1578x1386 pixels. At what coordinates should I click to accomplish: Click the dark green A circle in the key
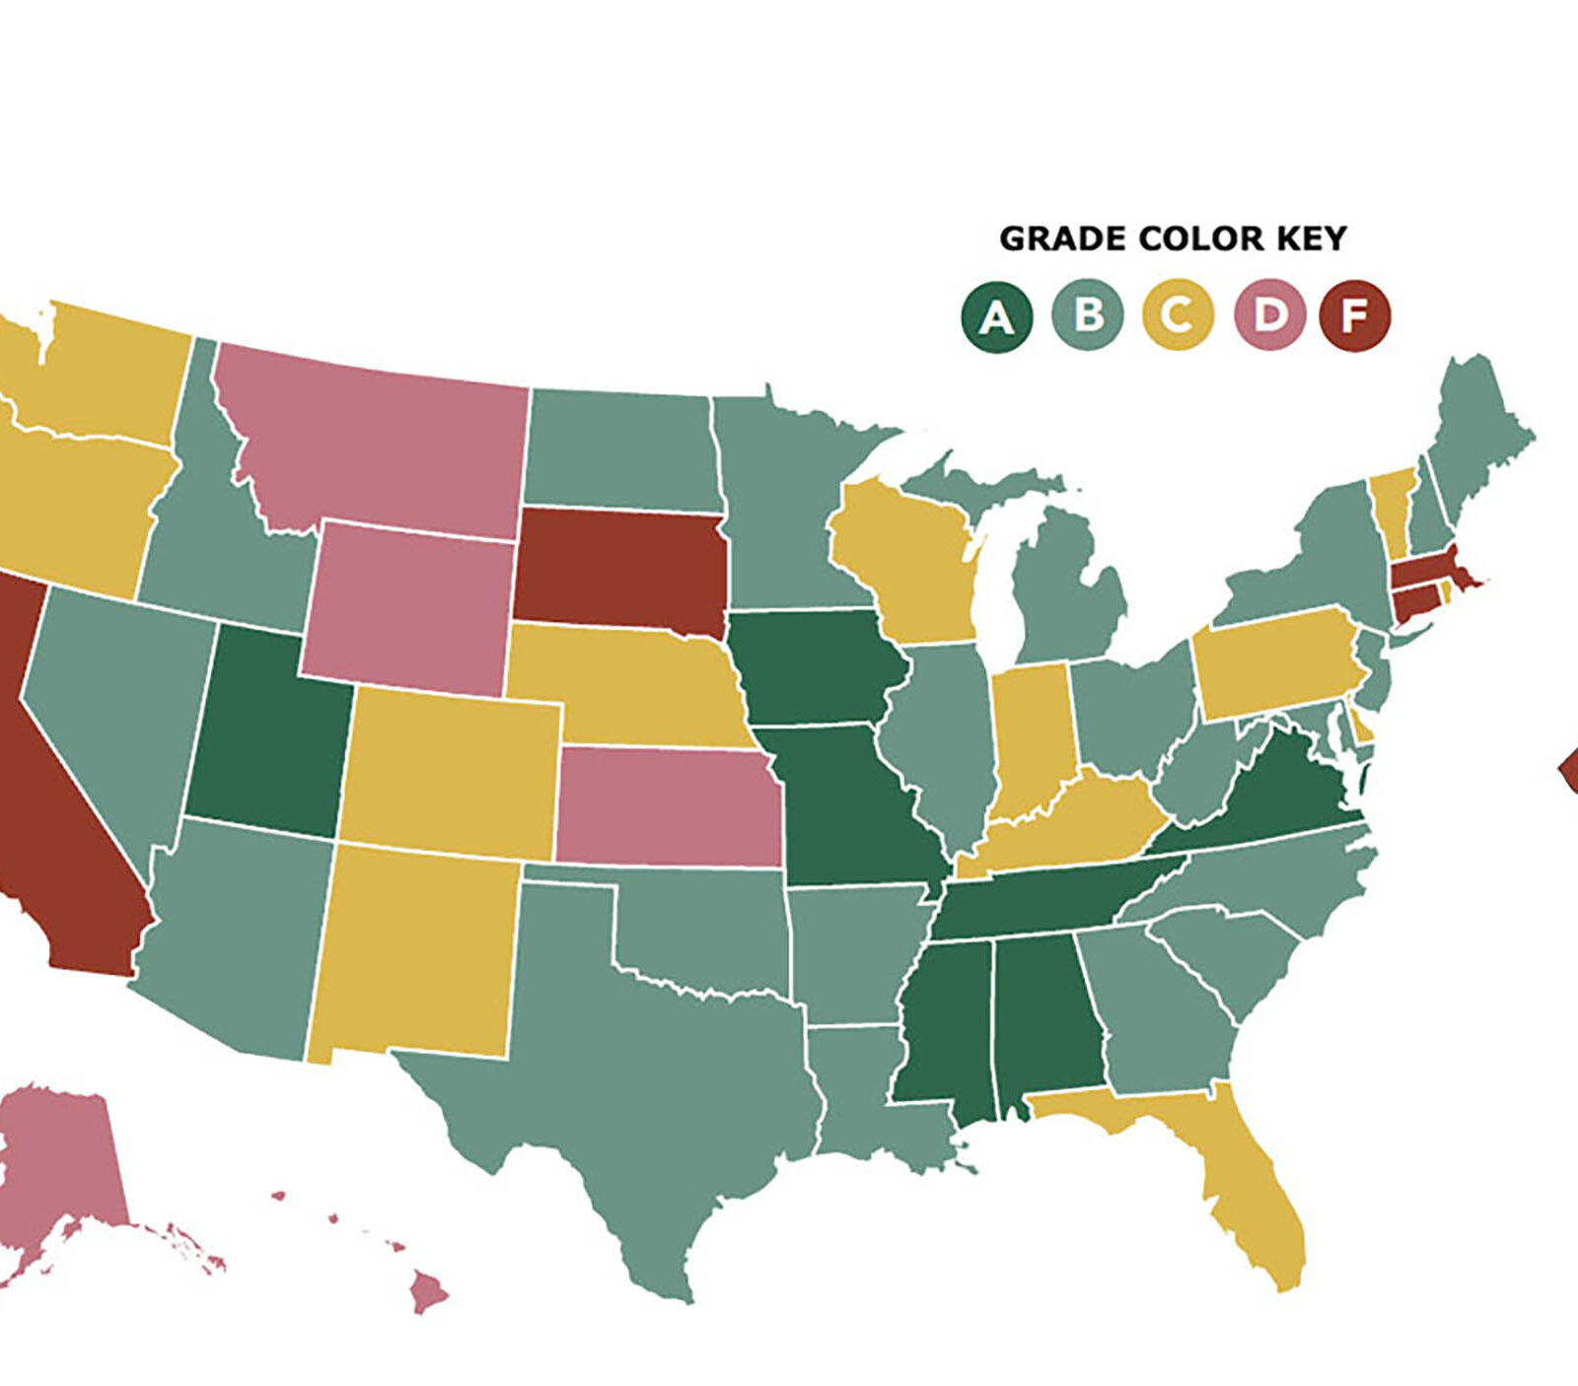coord(996,317)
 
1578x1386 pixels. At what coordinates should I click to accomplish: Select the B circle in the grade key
coord(1087,315)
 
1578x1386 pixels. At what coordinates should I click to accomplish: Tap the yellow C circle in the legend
coord(1177,315)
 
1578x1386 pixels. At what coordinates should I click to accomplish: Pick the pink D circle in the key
coord(1269,315)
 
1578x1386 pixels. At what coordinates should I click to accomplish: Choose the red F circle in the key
coord(1355,316)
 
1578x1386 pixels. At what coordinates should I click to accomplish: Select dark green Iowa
coord(819,665)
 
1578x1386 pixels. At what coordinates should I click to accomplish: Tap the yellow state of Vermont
coord(1391,508)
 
